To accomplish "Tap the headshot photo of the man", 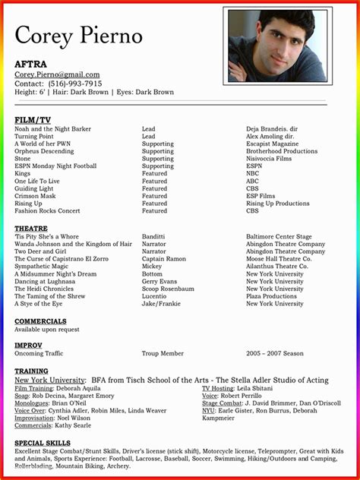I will click(278, 46).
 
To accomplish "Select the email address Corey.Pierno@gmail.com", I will click(58, 74).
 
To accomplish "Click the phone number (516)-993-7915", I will click(74, 84).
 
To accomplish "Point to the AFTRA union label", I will click(30, 65).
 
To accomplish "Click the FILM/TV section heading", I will click(33, 120).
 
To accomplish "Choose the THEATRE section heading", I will click(31, 228).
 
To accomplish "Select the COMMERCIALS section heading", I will click(40, 321).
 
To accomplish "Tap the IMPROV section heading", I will click(28, 345).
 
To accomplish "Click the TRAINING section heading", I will click(31, 371).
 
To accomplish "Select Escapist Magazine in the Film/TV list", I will click(272, 144).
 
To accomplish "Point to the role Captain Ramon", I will click(163, 259).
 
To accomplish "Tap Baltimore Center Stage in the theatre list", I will click(279, 237).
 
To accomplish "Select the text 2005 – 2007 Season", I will click(274, 353).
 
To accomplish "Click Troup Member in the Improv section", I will click(163, 353).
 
